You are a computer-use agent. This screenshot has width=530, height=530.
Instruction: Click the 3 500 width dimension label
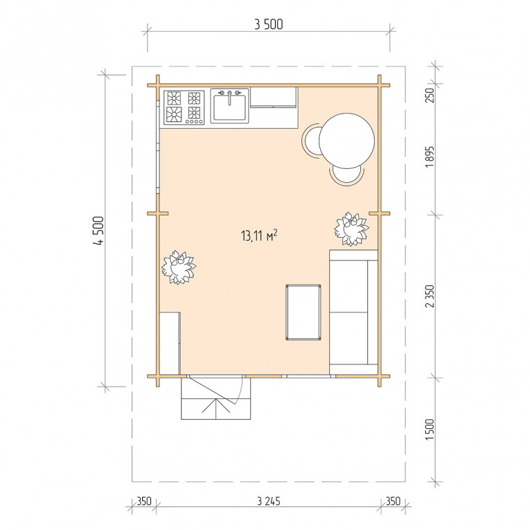click(x=268, y=24)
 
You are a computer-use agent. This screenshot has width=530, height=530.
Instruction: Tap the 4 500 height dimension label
click(x=98, y=231)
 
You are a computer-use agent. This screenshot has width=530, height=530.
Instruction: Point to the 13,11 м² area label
click(x=259, y=235)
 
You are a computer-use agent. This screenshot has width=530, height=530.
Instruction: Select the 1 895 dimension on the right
click(x=429, y=157)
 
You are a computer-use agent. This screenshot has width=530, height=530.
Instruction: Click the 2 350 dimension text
click(x=430, y=296)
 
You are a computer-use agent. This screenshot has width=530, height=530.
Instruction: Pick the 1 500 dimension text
click(x=430, y=430)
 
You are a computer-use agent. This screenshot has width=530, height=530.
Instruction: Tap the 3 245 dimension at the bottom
click(x=269, y=501)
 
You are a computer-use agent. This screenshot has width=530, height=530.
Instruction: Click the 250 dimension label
click(x=429, y=96)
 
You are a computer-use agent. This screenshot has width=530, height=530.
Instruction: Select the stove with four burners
click(x=184, y=107)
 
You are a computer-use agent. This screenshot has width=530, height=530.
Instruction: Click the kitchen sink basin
click(x=229, y=107)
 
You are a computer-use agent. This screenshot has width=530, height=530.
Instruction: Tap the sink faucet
click(x=229, y=96)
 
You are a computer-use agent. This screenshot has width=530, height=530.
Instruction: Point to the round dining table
click(x=346, y=141)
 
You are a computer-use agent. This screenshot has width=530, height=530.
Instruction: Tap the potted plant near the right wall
click(x=351, y=229)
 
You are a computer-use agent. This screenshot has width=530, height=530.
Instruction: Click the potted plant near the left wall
click(x=179, y=267)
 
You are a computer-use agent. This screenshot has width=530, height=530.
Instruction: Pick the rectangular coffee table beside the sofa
click(x=303, y=312)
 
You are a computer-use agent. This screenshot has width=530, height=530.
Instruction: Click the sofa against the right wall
click(x=353, y=312)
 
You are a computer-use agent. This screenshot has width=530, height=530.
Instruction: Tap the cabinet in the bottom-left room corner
click(x=170, y=343)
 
